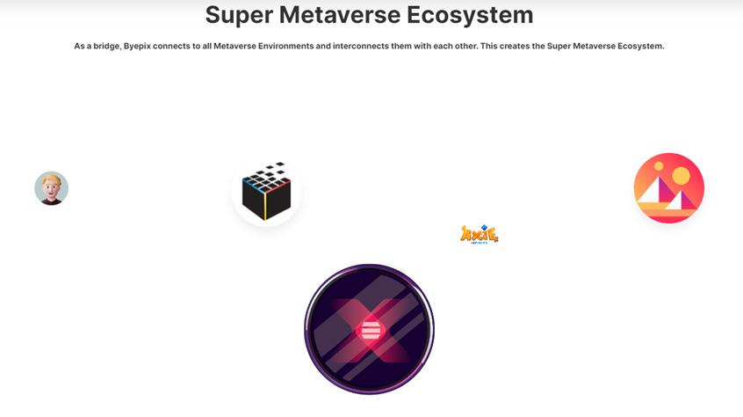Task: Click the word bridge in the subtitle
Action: coord(104,46)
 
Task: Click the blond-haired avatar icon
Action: coord(51,188)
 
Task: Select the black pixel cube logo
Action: coord(266,192)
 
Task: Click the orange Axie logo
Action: coord(479,234)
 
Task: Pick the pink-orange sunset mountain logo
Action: coord(668,188)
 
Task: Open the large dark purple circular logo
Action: coord(369,329)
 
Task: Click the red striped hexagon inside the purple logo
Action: coord(370,333)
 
